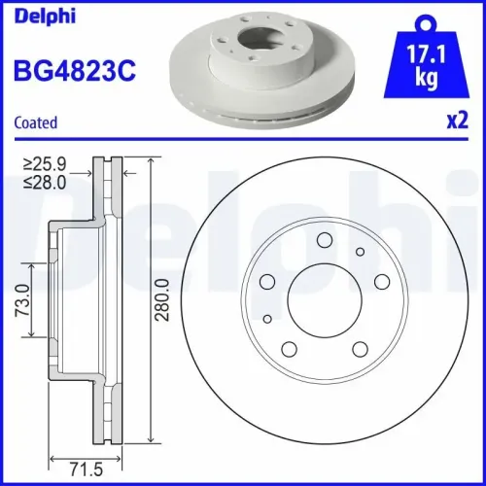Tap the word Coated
[x=35, y=122]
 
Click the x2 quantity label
[x=452, y=122]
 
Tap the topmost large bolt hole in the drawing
[x=325, y=241]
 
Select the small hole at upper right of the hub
[x=360, y=252]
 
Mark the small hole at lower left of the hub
[x=268, y=317]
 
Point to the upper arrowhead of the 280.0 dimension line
[x=152, y=161]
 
